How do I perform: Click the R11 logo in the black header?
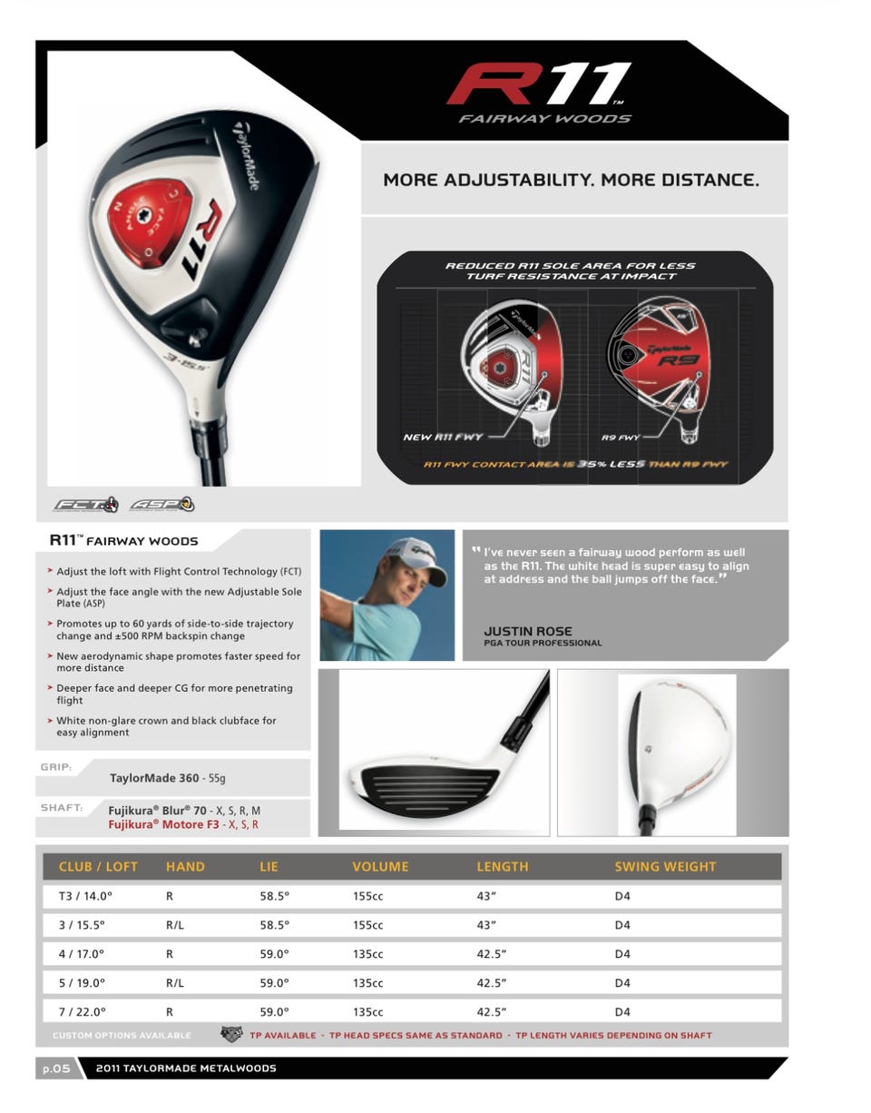click(x=539, y=84)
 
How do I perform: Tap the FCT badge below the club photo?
click(x=86, y=504)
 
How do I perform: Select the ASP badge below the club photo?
click(x=162, y=504)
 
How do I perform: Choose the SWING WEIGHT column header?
click(x=665, y=867)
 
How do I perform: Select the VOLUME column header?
click(x=380, y=867)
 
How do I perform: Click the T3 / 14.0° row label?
click(x=85, y=897)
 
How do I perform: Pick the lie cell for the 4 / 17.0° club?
click(x=274, y=954)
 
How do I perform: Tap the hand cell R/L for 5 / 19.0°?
click(x=175, y=983)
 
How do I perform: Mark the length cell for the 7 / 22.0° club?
click(x=491, y=1011)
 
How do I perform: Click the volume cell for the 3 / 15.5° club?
click(x=367, y=925)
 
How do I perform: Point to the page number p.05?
click(x=55, y=1069)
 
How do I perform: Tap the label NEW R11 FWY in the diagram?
click(x=443, y=438)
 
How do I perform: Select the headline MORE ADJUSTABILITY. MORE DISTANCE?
click(x=571, y=180)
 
